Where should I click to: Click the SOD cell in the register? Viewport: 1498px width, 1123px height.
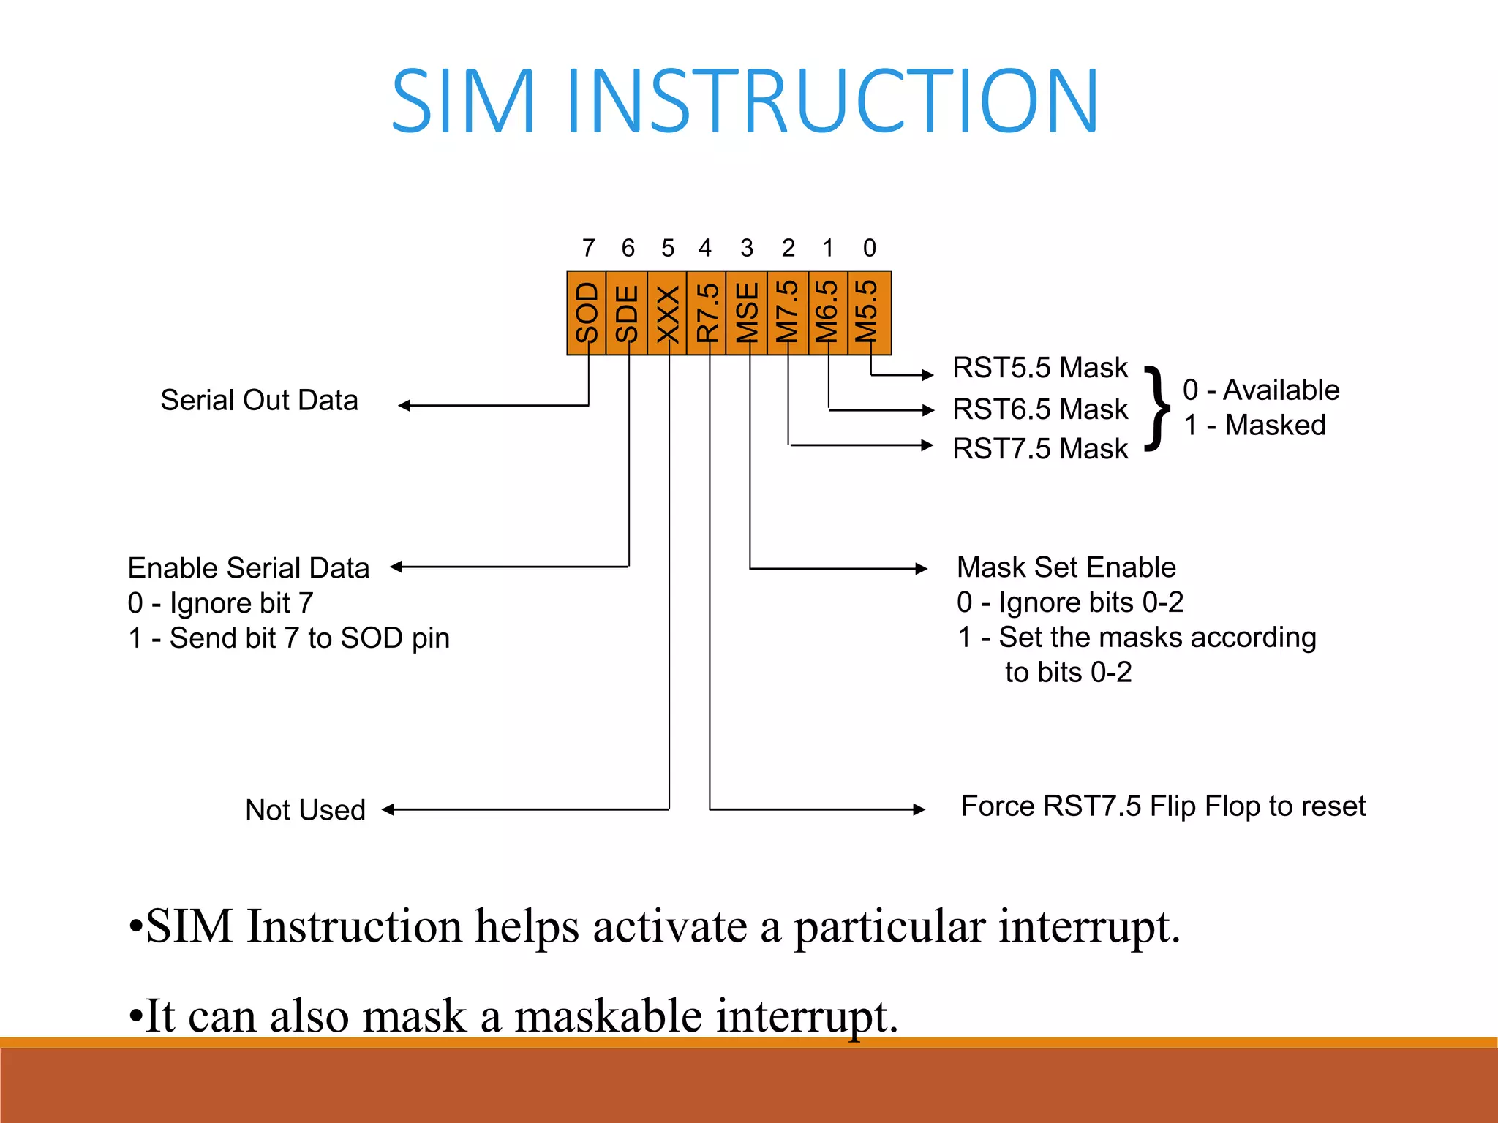(x=587, y=313)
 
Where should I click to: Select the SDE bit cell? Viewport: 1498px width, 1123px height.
(x=627, y=313)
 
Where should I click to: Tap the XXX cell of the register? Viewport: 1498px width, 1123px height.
(x=667, y=313)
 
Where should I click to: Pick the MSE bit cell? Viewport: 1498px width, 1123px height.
(x=747, y=313)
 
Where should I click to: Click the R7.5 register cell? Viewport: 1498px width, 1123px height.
(x=707, y=313)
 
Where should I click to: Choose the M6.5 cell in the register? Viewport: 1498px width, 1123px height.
(x=828, y=313)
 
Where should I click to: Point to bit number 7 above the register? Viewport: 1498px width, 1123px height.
(x=588, y=248)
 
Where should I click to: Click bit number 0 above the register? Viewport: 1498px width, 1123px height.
(x=869, y=248)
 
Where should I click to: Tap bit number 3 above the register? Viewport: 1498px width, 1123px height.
(x=747, y=248)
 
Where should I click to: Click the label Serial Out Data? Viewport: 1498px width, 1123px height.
(x=259, y=401)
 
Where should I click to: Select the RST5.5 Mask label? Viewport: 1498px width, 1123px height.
(x=1039, y=368)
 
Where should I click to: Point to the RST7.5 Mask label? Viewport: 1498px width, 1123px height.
(x=1039, y=448)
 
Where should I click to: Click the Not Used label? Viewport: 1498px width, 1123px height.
(x=305, y=810)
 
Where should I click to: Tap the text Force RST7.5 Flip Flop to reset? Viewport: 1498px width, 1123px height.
(x=1163, y=806)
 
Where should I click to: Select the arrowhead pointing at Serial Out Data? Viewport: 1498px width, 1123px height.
(x=404, y=405)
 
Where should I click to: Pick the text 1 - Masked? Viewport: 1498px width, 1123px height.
(x=1254, y=425)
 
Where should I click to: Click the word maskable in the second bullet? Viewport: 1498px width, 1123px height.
(x=608, y=1016)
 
